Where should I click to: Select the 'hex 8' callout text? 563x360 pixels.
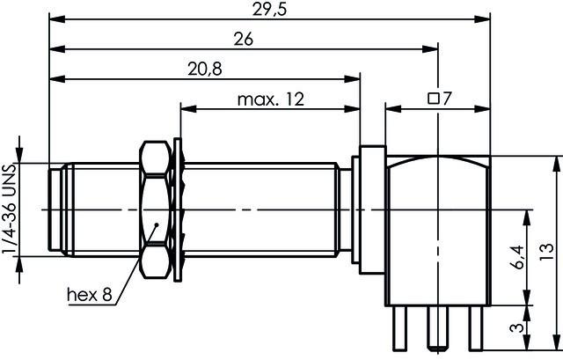(x=90, y=295)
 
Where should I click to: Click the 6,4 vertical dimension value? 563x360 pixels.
(x=518, y=257)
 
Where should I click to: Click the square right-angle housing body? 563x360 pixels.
(x=436, y=229)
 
